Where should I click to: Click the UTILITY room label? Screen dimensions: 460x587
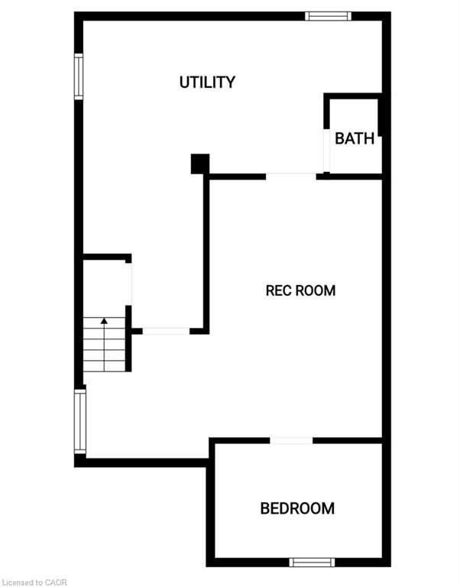(x=207, y=82)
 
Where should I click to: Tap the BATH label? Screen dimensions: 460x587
(x=355, y=138)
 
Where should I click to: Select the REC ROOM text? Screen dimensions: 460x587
(x=300, y=290)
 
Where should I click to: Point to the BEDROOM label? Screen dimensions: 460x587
(x=297, y=508)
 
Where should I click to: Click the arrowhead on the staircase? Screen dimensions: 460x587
(x=104, y=321)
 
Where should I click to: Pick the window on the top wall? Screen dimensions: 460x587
(x=329, y=16)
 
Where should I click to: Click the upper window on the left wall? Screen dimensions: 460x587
(x=79, y=76)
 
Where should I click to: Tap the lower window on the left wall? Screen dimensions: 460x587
(x=80, y=422)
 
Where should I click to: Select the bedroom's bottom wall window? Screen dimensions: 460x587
(x=313, y=563)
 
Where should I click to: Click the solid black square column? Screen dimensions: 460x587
(x=200, y=164)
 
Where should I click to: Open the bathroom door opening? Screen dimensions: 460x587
(x=327, y=150)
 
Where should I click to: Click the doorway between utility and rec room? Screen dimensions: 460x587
(x=291, y=177)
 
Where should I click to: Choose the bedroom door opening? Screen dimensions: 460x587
(x=291, y=440)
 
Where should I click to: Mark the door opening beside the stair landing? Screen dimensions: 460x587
(x=128, y=284)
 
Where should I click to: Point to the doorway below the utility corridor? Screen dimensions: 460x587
(x=166, y=331)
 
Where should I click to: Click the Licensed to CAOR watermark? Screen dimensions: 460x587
(x=34, y=582)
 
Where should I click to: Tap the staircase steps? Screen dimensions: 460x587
(x=104, y=345)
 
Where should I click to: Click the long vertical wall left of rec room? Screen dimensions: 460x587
(x=206, y=254)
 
